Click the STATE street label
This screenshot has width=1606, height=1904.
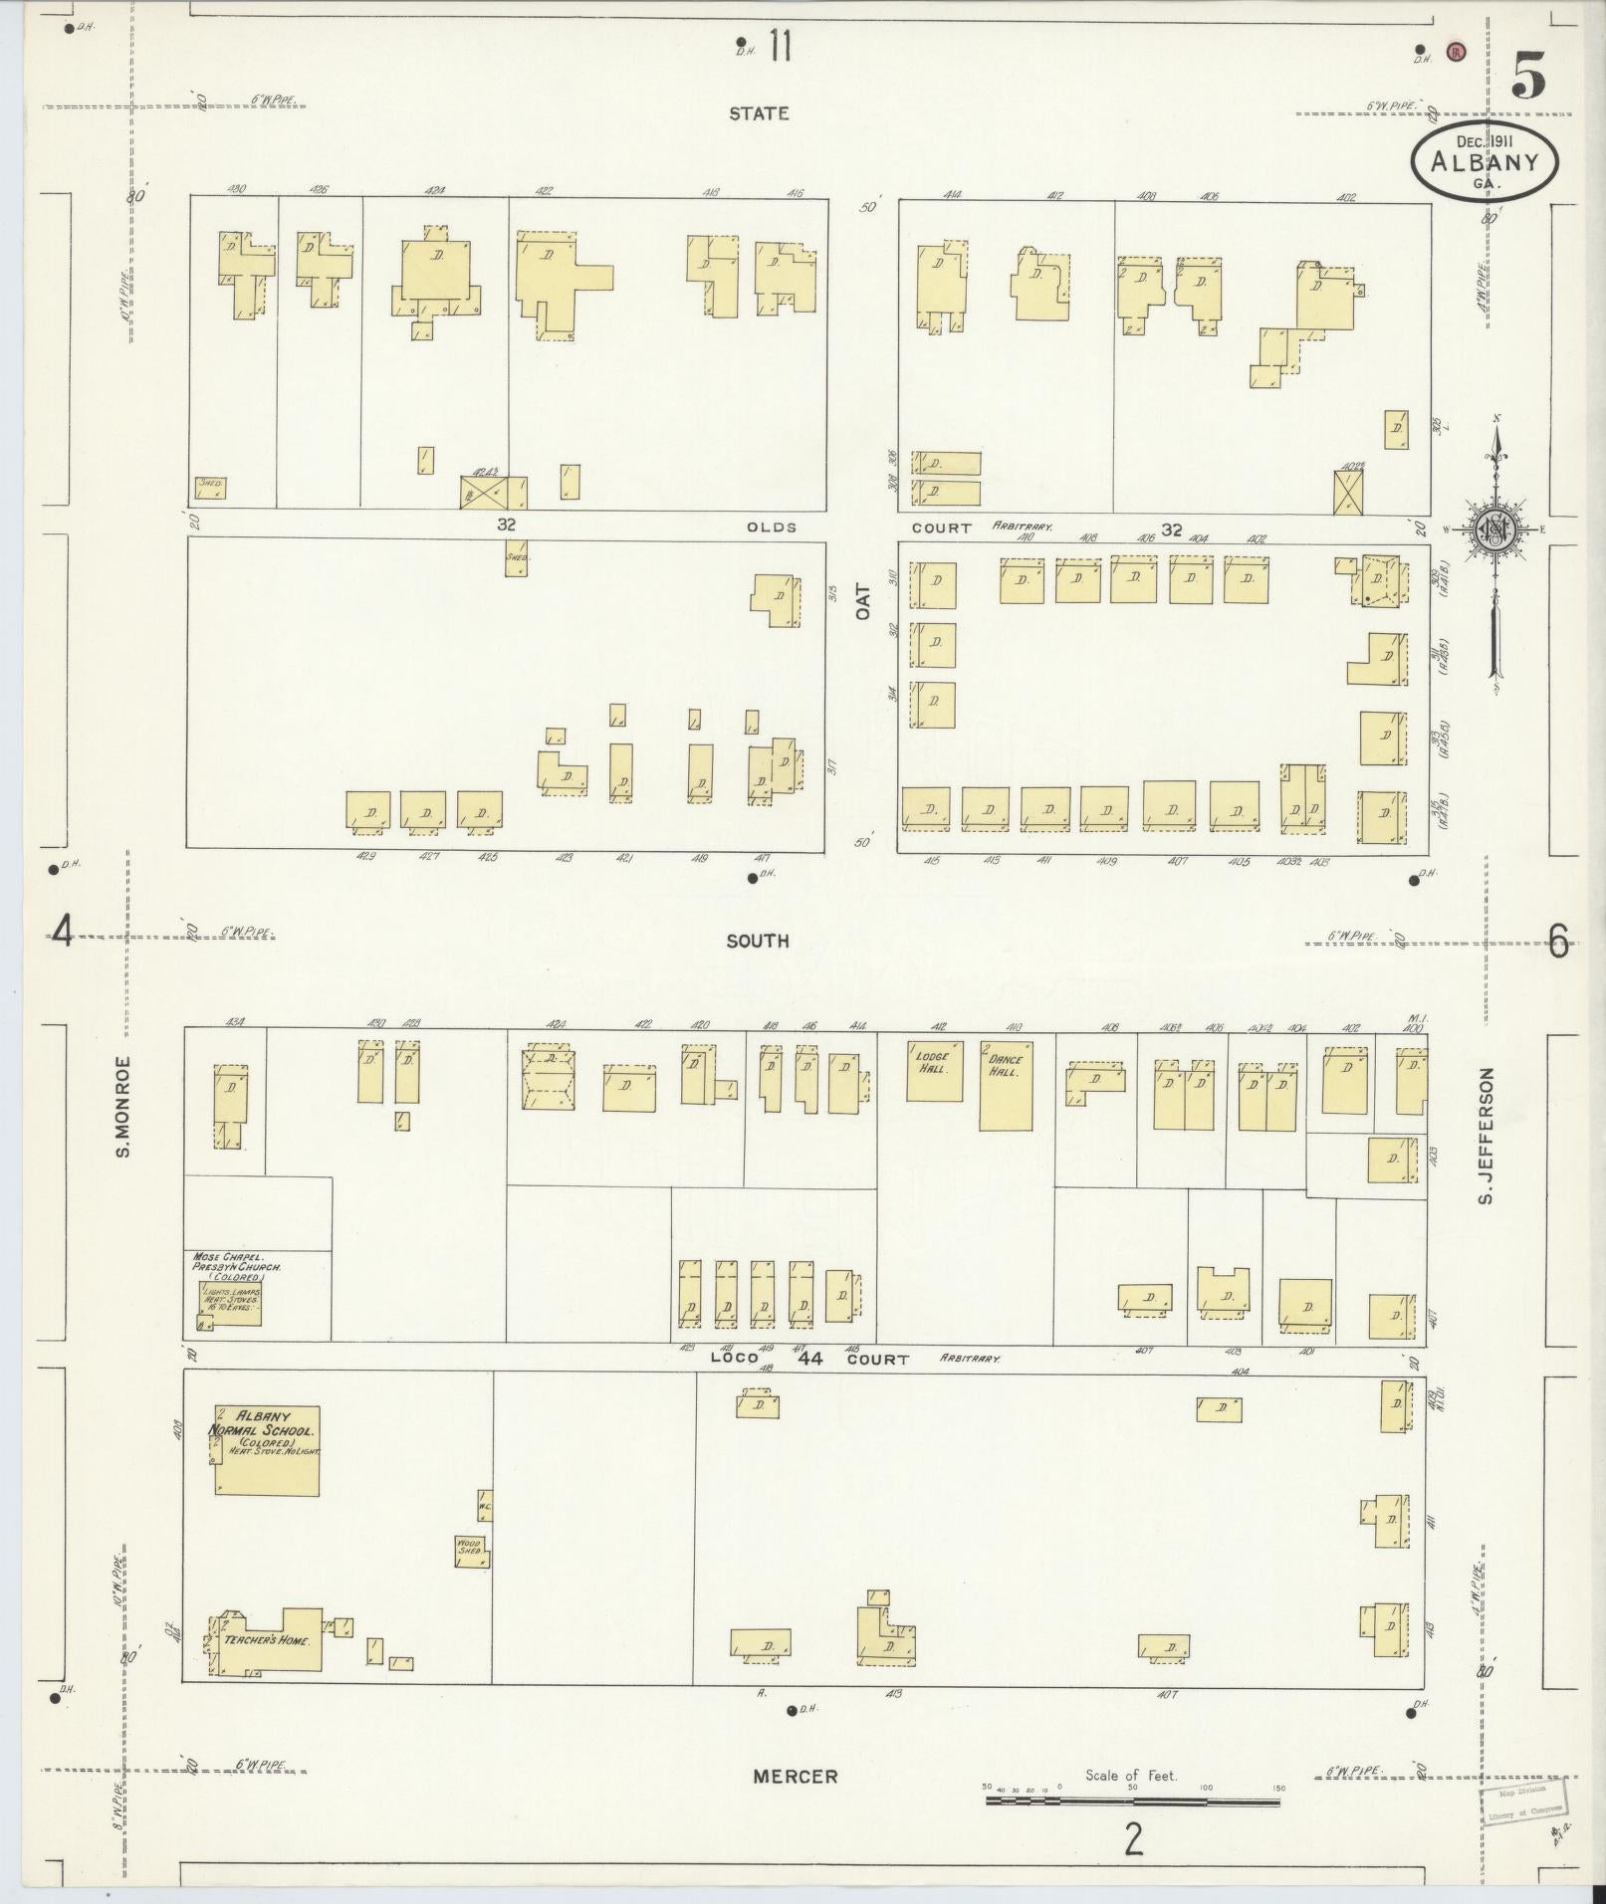point(759,113)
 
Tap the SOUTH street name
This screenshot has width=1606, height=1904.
point(758,941)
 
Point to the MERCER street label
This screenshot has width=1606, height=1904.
point(795,1777)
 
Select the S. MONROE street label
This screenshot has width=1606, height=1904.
point(124,1106)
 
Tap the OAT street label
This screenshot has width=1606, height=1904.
point(863,602)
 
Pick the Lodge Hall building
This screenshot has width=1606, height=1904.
point(934,1071)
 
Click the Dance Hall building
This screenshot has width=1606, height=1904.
point(1006,1086)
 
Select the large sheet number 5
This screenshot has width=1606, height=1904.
point(1527,75)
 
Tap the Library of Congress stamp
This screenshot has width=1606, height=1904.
point(1523,1801)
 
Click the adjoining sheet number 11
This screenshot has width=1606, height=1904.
point(780,47)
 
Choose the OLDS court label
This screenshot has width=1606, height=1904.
point(772,527)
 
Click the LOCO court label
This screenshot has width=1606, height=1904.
point(735,1358)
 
